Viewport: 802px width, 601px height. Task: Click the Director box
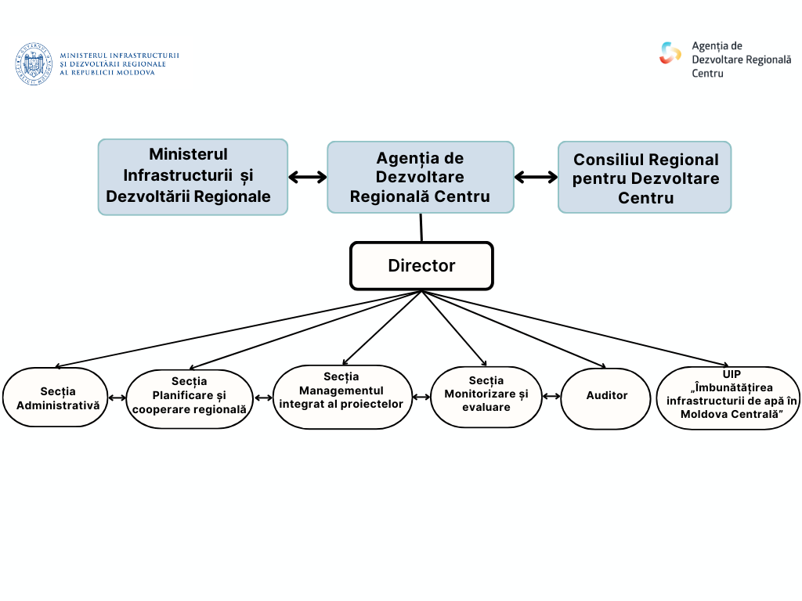pyautogui.click(x=421, y=266)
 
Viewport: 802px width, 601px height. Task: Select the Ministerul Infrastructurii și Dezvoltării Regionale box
pyautogui.click(x=193, y=177)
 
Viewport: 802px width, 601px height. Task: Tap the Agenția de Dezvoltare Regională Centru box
pyautogui.click(x=421, y=178)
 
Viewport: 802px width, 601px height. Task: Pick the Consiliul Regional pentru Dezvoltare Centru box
pyautogui.click(x=645, y=178)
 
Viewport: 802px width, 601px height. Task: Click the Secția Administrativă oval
pyautogui.click(x=55, y=398)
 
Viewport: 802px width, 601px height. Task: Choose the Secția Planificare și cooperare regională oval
pyautogui.click(x=190, y=399)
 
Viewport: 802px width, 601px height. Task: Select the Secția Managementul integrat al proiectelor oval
pyautogui.click(x=342, y=397)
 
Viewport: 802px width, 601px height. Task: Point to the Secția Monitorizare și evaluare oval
pyautogui.click(x=486, y=396)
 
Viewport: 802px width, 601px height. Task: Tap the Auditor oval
pyautogui.click(x=606, y=398)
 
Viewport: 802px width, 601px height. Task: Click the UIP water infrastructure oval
pyautogui.click(x=728, y=398)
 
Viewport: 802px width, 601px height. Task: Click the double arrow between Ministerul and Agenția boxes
pyautogui.click(x=307, y=177)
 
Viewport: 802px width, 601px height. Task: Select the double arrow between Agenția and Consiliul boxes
pyautogui.click(x=536, y=178)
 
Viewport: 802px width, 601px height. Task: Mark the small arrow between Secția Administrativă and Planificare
pyautogui.click(x=117, y=398)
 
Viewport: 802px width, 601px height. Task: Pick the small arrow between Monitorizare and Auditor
pyautogui.click(x=551, y=397)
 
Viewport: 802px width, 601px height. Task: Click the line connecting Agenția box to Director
pyautogui.click(x=421, y=227)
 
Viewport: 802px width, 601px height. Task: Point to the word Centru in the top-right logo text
pyautogui.click(x=707, y=73)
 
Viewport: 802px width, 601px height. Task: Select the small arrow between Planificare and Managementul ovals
pyautogui.click(x=263, y=398)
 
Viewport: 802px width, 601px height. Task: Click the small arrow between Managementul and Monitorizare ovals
pyautogui.click(x=421, y=397)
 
